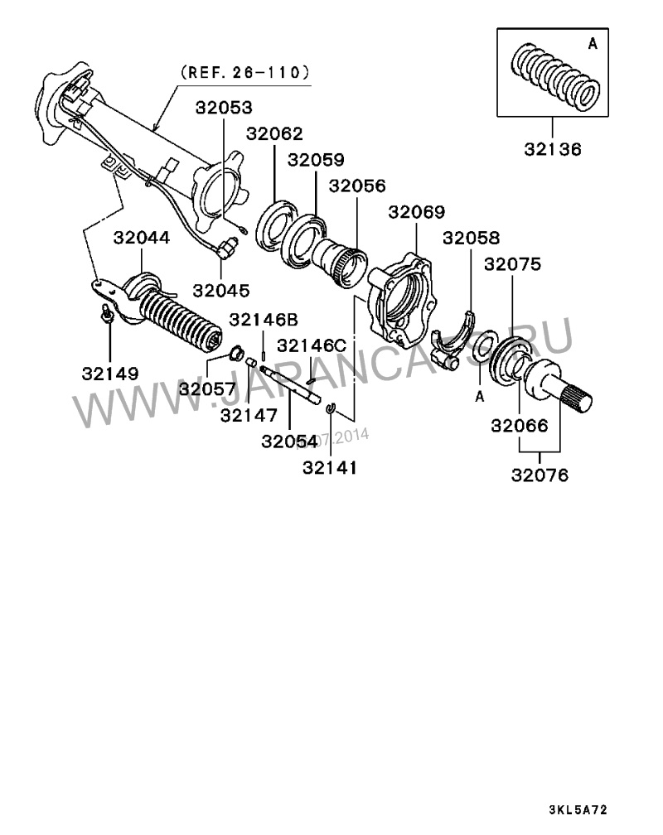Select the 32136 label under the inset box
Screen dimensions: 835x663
[x=553, y=150]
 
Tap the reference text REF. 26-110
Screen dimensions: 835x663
[x=244, y=72]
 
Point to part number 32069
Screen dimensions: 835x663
[x=417, y=212]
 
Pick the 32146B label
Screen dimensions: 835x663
[x=264, y=319]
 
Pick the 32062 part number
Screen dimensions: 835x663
[x=274, y=133]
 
